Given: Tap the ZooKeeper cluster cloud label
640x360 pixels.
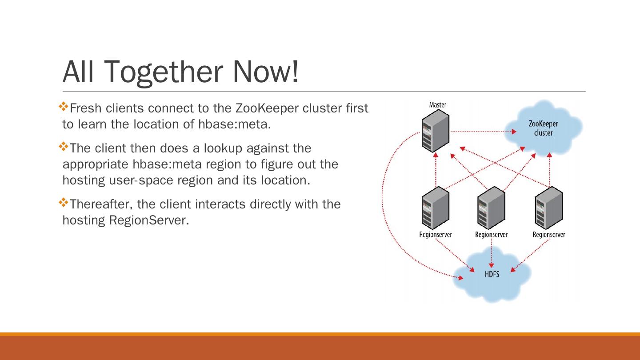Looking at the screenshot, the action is coord(543,128).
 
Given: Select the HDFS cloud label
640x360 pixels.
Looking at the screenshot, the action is coord(492,274).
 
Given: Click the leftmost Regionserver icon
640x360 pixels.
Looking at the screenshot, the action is coord(435,208).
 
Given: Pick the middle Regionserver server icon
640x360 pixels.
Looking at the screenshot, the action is coord(491,208).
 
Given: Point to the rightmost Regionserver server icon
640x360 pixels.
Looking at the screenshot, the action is coord(549,208).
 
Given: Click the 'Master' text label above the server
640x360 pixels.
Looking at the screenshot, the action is coord(438,105).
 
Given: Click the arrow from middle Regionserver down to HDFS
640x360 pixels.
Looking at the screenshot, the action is coord(491,253).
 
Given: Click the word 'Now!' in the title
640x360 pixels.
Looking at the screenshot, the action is coord(265,72).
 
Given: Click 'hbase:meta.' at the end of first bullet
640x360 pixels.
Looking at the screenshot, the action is coord(234,124).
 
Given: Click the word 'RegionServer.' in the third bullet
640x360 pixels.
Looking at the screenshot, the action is coord(149,220).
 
